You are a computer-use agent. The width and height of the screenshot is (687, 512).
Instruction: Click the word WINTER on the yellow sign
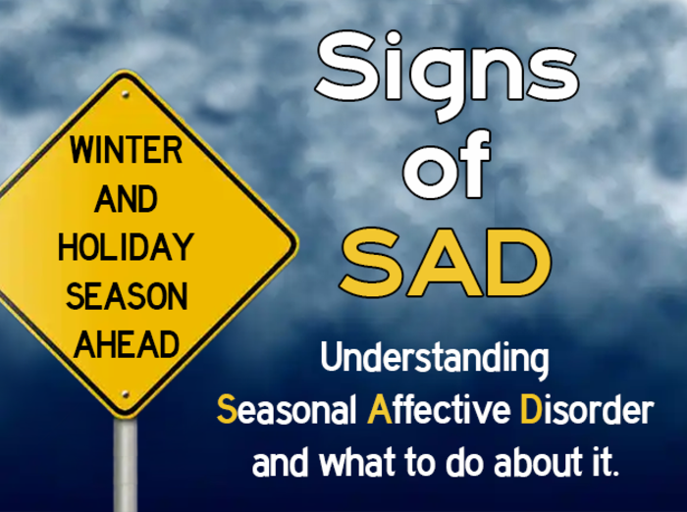click(x=126, y=152)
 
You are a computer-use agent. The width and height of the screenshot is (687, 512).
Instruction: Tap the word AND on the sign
click(x=126, y=199)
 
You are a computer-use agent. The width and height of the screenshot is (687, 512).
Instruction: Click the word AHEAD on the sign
click(x=127, y=343)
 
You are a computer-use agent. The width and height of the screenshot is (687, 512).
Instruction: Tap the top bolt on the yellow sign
click(x=125, y=95)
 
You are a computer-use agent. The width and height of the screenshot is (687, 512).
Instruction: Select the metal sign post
click(x=125, y=466)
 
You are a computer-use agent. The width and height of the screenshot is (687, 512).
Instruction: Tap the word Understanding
click(x=434, y=360)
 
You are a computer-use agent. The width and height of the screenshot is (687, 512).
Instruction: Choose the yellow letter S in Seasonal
click(x=225, y=410)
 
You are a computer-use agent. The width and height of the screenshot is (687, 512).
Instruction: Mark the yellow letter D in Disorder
click(x=529, y=410)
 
